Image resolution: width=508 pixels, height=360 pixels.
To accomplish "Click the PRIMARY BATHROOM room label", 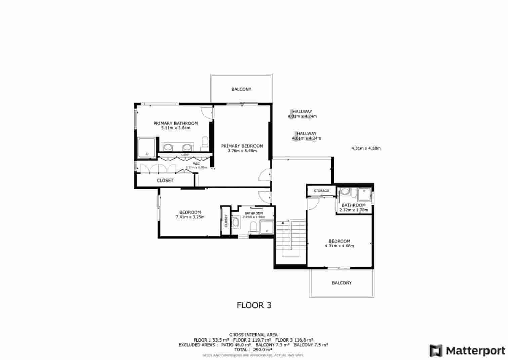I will tap(175, 123).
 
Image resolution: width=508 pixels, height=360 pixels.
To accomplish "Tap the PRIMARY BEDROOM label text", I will tap(242, 146).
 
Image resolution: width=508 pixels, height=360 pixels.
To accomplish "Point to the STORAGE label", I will tap(321, 191).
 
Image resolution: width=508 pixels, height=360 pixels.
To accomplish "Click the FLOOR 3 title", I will tap(254, 305).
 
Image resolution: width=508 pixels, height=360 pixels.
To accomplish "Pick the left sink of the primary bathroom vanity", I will tap(168, 147).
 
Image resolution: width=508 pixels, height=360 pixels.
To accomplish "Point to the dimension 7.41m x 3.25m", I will tap(190, 217).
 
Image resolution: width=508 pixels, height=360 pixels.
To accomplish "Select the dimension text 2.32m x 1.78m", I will tap(354, 210).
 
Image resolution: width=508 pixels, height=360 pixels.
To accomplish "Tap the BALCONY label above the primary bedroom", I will tap(241, 89).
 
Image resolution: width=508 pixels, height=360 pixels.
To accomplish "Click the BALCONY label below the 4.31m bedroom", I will tap(342, 283).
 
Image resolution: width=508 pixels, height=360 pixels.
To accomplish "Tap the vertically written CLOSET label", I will tap(226, 221).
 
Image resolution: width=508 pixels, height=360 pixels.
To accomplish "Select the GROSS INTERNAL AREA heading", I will tap(253, 335).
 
